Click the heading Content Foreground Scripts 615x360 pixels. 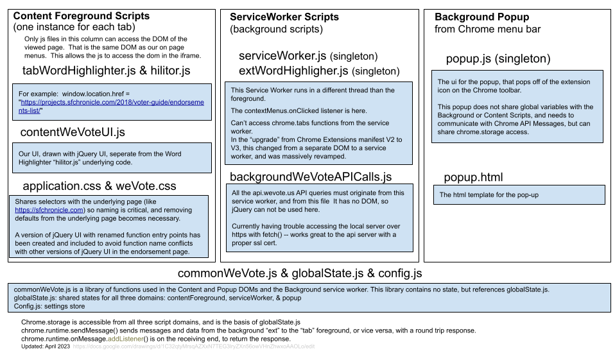pos(81,16)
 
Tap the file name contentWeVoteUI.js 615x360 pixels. pos(73,132)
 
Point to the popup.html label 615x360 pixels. pos(473,177)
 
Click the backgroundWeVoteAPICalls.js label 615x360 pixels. pos(311,176)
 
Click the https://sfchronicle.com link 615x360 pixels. pos(49,210)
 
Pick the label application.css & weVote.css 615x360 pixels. pos(99,187)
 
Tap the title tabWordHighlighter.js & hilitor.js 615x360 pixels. pos(106,71)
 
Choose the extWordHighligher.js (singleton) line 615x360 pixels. pos(318,71)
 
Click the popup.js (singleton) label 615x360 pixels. pos(498,59)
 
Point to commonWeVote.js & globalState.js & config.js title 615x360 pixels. pos(300,274)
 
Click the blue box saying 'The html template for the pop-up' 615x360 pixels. pos(519,194)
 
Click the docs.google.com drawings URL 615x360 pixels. pos(193,347)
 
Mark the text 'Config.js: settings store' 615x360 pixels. pos(49,306)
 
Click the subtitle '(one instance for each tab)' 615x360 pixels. pos(74,28)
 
